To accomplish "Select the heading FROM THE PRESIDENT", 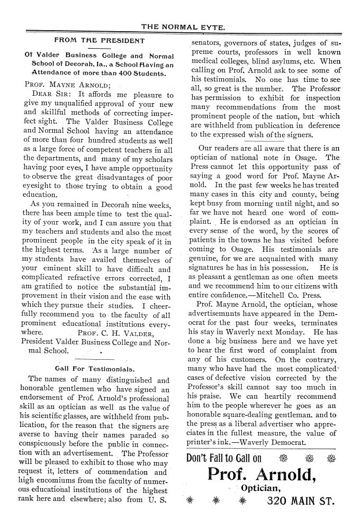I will click(100, 40).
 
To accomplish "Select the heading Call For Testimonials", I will click(95, 368).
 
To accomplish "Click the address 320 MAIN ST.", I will click(300, 500).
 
